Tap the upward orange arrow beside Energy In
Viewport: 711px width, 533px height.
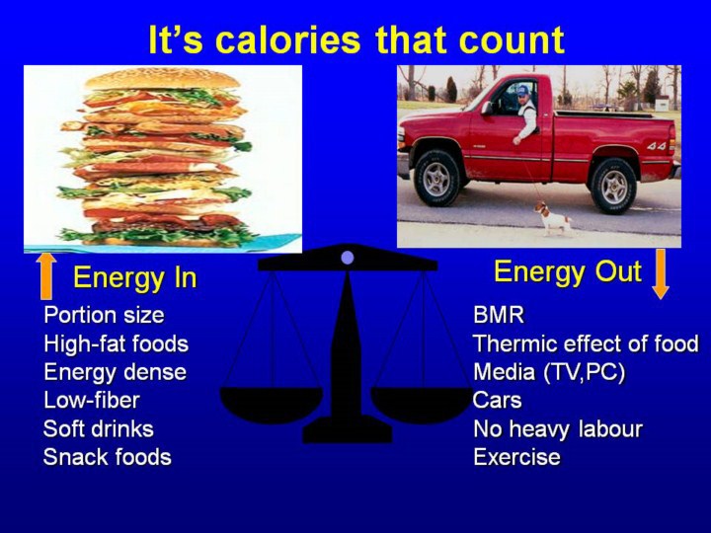coord(46,276)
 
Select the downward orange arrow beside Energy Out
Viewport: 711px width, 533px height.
coord(661,273)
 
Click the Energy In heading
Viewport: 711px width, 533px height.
coord(135,277)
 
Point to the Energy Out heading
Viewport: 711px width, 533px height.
coord(568,272)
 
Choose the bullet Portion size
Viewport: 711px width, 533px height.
coord(104,315)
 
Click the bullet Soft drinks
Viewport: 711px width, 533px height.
coord(99,428)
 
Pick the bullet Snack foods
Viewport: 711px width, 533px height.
coord(108,457)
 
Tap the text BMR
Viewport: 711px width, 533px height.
coord(499,315)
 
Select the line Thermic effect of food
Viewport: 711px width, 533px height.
coord(586,343)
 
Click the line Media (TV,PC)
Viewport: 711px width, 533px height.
coord(549,372)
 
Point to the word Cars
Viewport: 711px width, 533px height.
coord(498,400)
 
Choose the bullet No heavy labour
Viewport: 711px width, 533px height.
coord(558,428)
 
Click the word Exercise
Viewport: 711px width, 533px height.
coord(516,457)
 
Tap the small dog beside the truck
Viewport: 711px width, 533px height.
coord(553,218)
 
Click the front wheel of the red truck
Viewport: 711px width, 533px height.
coord(437,178)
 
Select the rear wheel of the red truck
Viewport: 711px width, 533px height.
coord(613,186)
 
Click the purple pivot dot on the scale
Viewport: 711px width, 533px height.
coord(348,258)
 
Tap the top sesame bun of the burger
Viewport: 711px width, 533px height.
coord(162,79)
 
